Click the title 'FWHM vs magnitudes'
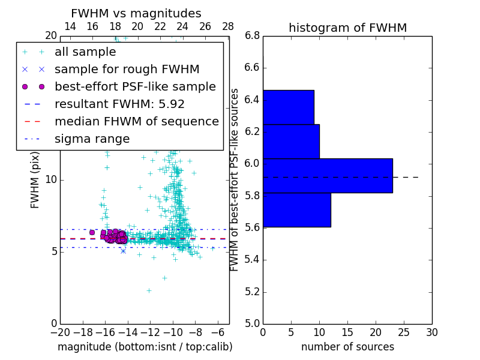136,13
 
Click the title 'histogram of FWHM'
347,28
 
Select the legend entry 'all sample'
85,52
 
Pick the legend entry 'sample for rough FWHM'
127,70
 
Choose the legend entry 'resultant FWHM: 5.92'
119,104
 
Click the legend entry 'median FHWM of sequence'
136,122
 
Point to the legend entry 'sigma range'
92,139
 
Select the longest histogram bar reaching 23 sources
328,176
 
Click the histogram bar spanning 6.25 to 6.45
289,107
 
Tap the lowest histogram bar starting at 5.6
297,210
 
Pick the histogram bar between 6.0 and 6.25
291,141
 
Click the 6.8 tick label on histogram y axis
251,35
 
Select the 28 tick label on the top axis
228,26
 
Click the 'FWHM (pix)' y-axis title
35,179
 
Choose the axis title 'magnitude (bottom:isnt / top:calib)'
145,347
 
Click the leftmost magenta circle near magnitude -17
92,232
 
